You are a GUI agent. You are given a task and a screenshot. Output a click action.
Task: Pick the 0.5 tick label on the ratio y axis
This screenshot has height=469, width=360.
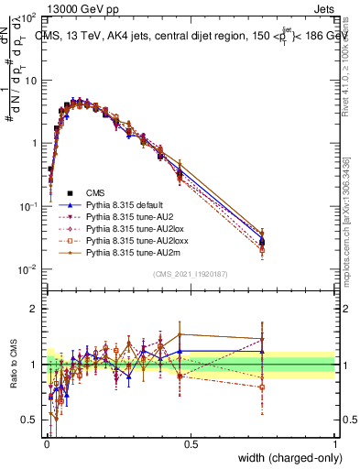point(30,420)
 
